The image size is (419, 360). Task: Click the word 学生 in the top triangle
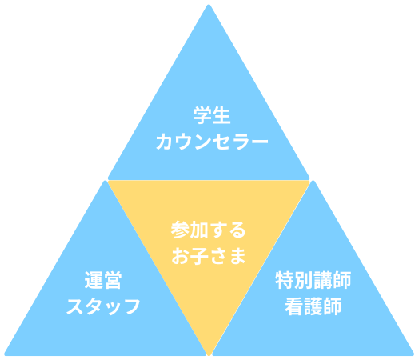(x=212, y=115)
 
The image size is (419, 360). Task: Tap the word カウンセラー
(x=212, y=142)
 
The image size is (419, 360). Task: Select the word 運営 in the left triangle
(x=103, y=280)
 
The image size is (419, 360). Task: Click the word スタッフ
(x=103, y=306)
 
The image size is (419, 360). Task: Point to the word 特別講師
(x=313, y=280)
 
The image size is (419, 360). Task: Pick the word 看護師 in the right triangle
(x=313, y=306)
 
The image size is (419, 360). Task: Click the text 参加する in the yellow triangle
(x=208, y=230)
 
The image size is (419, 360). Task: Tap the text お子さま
(x=208, y=256)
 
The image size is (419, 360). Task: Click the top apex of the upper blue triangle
(x=209, y=5)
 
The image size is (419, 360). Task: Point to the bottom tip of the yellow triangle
(x=209, y=355)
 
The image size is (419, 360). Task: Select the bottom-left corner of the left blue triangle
(x=6, y=354)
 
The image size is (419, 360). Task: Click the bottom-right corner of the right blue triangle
(x=413, y=354)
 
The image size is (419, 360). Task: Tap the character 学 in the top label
(x=202, y=115)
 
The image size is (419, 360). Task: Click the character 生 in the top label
(x=221, y=115)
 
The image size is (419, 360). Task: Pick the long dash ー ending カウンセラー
(x=258, y=141)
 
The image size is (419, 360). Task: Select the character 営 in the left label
(x=113, y=280)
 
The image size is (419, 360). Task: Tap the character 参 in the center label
(x=180, y=230)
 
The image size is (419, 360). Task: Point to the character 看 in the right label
(x=294, y=306)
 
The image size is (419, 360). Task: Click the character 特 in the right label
(x=285, y=280)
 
